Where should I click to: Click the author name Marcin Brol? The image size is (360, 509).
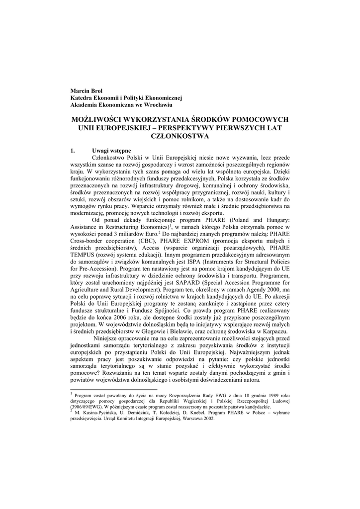tap(86, 90)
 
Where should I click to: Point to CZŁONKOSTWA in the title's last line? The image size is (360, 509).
tap(180, 135)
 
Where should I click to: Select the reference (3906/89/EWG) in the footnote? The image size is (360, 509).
tap(90, 406)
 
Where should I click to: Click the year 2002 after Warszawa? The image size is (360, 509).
tap(205, 419)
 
